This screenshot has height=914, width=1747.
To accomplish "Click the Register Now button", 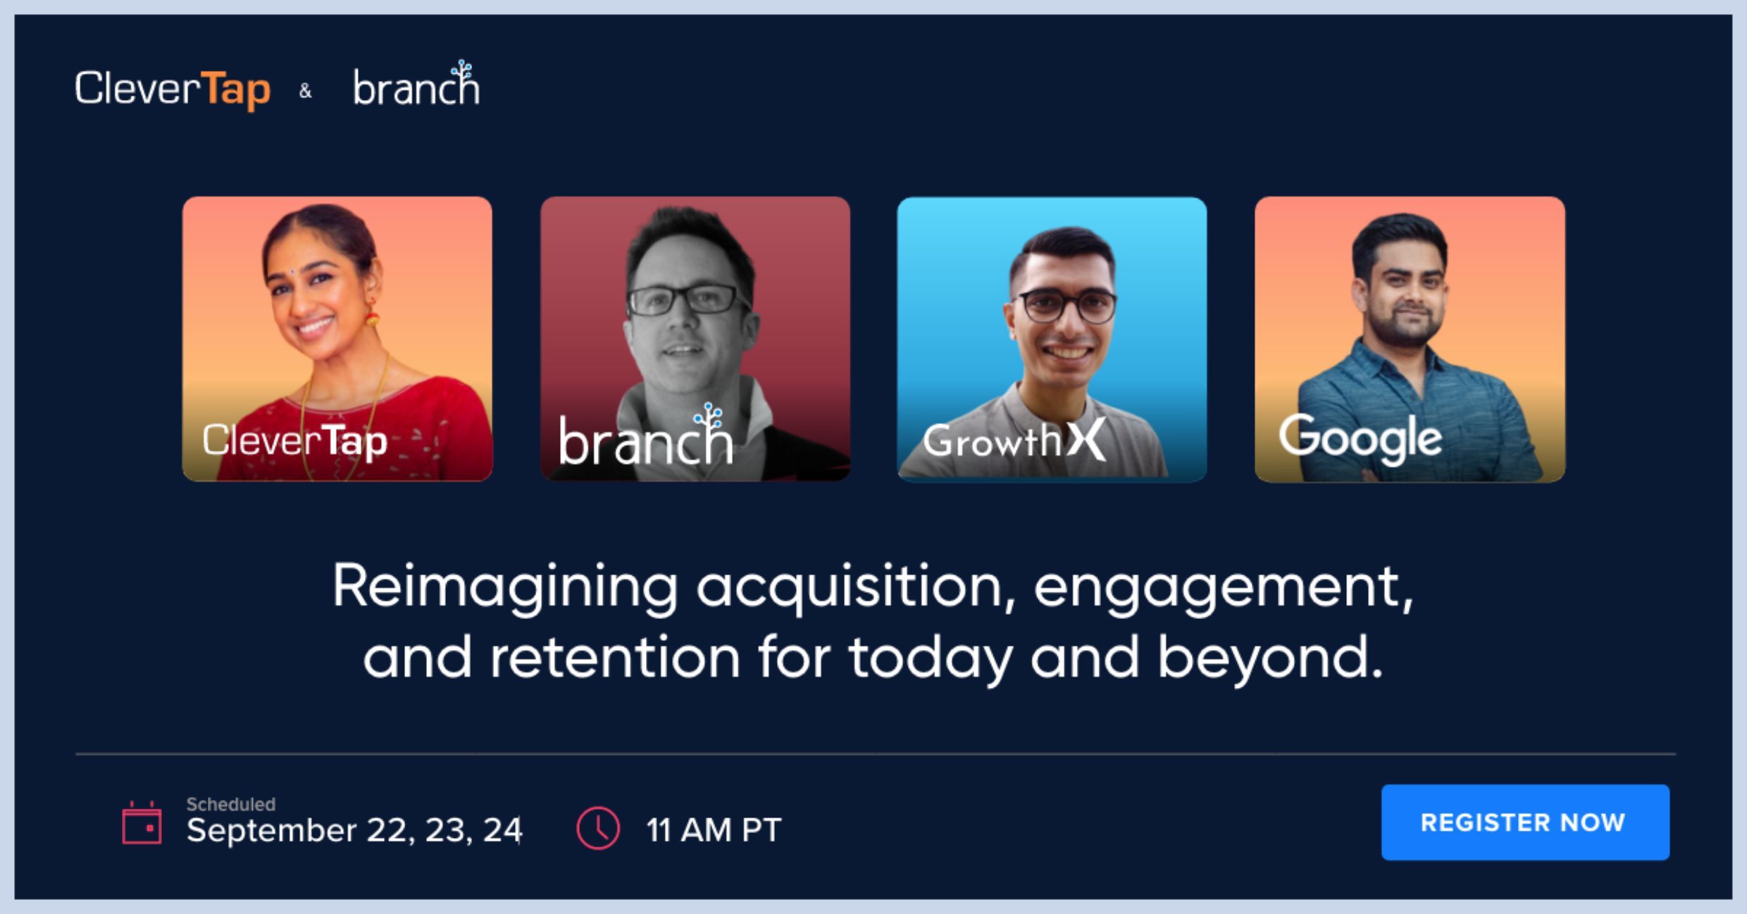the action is [x=1525, y=822].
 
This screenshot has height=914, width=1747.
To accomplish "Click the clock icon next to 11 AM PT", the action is [x=598, y=828].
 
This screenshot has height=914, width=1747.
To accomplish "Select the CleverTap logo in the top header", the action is [x=173, y=89].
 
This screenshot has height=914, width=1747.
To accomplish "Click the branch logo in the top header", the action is [x=416, y=84].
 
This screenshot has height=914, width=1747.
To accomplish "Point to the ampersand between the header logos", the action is [x=305, y=91].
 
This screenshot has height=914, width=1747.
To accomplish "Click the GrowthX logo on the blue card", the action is [x=1014, y=439].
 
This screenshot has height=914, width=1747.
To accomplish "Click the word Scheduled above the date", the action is [x=230, y=804].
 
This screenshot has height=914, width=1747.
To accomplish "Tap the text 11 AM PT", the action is [x=714, y=830].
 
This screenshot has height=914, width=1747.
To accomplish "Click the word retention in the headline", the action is [x=614, y=657].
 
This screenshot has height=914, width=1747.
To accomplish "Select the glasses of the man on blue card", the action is [x=1066, y=306].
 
